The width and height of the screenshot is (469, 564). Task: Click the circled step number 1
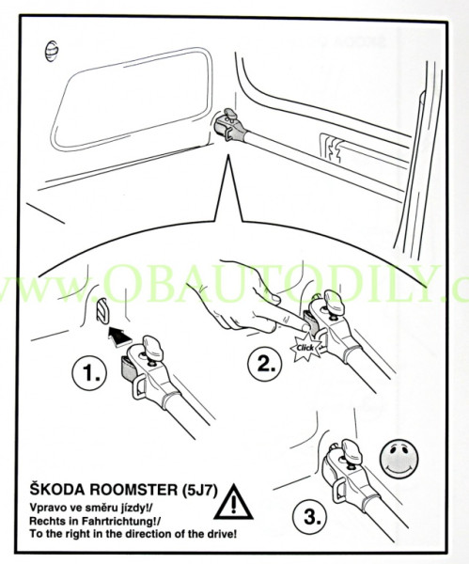[x=89, y=373]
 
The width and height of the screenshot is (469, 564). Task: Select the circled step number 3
[x=309, y=518]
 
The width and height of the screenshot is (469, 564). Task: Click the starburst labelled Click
[x=305, y=348]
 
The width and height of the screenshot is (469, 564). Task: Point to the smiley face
[x=399, y=459]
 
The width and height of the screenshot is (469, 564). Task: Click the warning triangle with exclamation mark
[x=233, y=502]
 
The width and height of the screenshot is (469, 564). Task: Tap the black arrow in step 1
[x=119, y=337]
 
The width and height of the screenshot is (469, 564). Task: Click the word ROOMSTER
[x=133, y=490]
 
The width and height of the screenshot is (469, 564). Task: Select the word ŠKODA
[x=56, y=489]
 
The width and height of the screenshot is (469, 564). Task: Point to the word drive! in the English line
[x=220, y=533]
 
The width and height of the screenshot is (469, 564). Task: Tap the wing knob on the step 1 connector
[x=152, y=348]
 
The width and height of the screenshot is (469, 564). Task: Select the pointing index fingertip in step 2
[x=305, y=326]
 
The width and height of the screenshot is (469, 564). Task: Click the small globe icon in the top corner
[x=52, y=51]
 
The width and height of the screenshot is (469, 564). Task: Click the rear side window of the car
[x=132, y=98]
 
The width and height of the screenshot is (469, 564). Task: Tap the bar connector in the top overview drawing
[x=230, y=128]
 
